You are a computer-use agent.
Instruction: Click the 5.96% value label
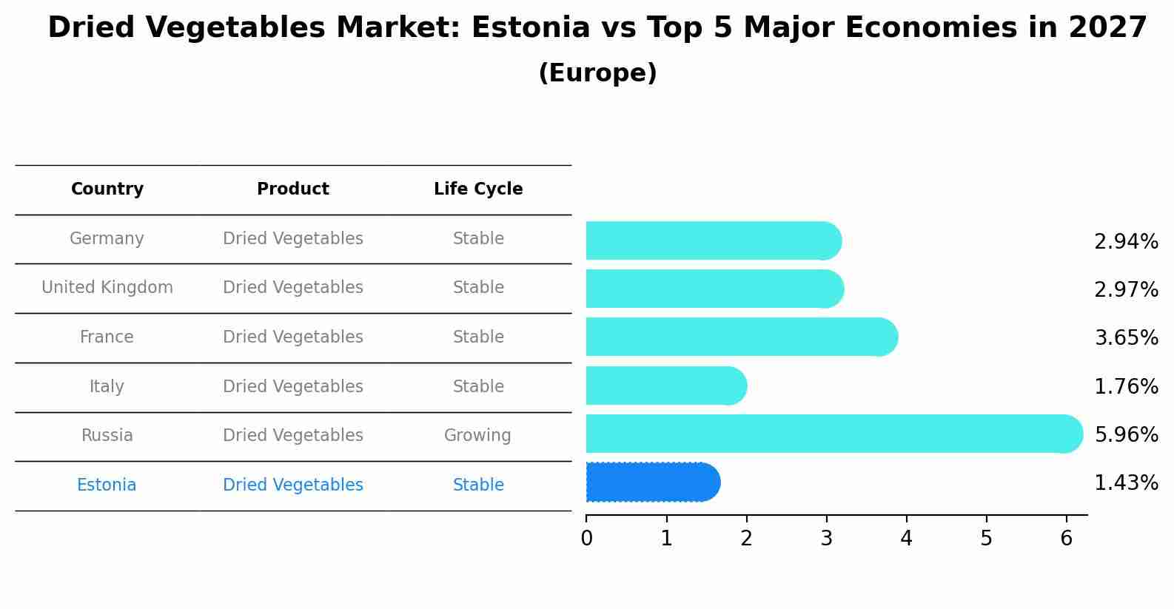coord(1126,434)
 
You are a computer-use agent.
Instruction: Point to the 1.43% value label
coord(1126,483)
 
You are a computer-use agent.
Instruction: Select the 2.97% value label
coord(1126,290)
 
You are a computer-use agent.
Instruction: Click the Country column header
coord(107,189)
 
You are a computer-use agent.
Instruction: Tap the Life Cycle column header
coord(478,189)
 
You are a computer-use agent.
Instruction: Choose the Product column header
coord(293,189)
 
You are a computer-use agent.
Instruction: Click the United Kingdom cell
coord(107,288)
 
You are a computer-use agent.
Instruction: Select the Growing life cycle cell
coord(477,436)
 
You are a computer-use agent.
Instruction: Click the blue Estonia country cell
coord(107,485)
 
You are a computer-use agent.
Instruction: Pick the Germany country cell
coord(107,239)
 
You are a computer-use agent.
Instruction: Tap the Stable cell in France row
coord(478,337)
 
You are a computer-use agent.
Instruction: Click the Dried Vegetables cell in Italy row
coord(293,387)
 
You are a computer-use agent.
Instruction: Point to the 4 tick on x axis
coord(906,539)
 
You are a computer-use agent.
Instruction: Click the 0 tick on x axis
coord(587,539)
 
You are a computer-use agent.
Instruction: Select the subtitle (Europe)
coord(597,73)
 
